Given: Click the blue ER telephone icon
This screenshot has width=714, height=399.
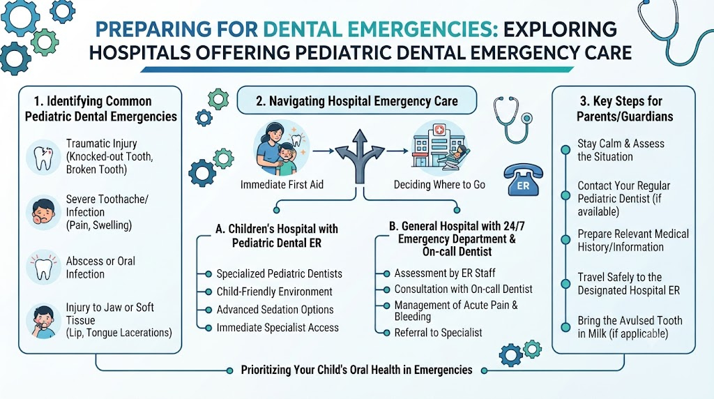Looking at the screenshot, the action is coord(523,180).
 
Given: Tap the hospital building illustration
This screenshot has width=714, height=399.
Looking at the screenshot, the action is coord(439,146).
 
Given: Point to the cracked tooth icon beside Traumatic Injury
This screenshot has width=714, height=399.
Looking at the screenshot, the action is coord(43,157).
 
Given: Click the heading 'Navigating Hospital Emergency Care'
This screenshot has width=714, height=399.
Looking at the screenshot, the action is coord(357,100).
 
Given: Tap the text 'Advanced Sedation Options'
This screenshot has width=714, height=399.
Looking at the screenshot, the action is coord(275,310).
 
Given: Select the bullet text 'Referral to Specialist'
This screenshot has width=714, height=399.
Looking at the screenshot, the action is coord(438,333).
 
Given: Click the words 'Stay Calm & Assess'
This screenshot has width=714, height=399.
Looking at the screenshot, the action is coord(621,144).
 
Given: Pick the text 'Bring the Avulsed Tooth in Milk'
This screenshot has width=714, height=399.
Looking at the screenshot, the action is coord(630,327).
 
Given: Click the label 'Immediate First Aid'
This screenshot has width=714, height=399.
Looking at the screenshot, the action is coord(282,184).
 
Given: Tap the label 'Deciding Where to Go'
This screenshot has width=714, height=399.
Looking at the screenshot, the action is coord(439,184).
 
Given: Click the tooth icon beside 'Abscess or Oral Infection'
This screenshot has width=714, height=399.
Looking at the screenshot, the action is coord(43,267).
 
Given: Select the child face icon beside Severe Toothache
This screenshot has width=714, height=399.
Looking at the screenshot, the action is coord(43,212).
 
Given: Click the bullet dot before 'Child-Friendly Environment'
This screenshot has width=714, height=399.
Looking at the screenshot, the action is coord(208,292).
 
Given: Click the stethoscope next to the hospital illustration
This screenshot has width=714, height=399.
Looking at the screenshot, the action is coord(512,119).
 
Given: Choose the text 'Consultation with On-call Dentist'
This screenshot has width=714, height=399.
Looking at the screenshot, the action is coord(463,289).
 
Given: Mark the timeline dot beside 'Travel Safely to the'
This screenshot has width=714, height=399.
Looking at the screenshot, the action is coord(565,284).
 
